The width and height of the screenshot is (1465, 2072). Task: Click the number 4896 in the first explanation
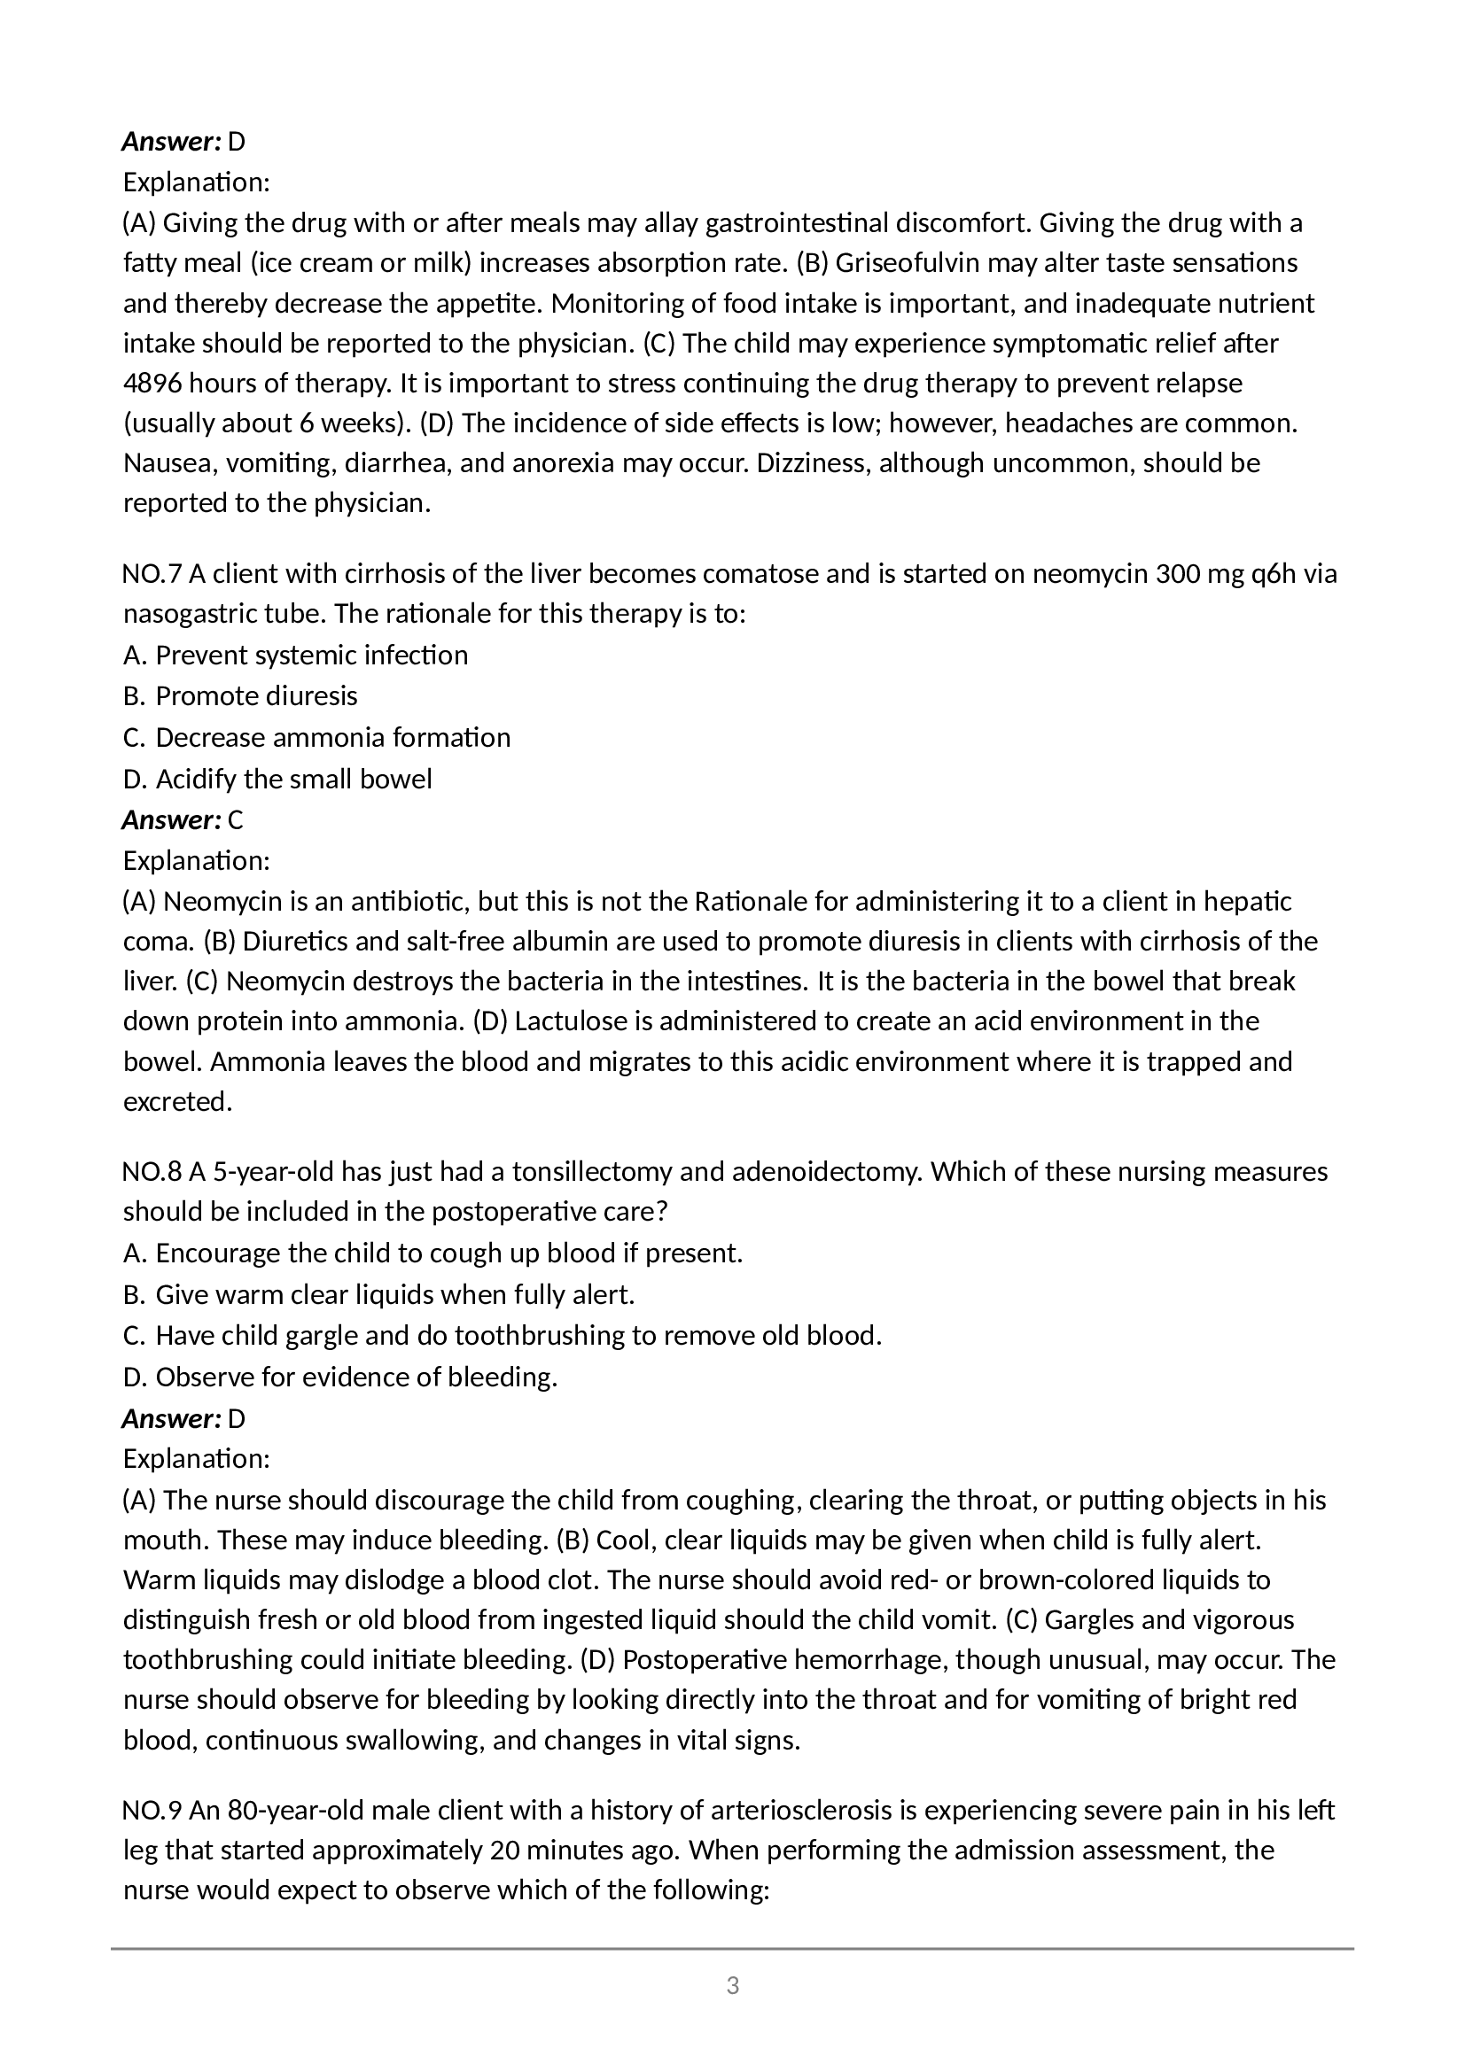pyautogui.click(x=152, y=384)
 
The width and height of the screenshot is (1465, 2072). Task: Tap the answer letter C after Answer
pyautogui.click(x=236, y=820)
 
